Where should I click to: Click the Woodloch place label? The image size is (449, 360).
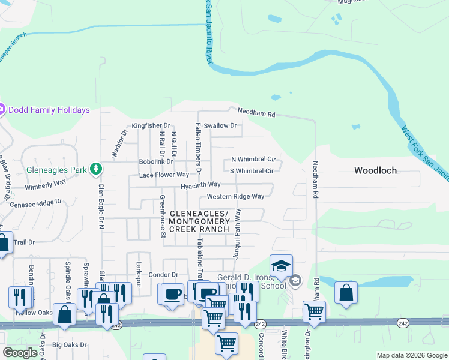(x=375, y=170)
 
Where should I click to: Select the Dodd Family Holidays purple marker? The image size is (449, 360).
(x=1, y=110)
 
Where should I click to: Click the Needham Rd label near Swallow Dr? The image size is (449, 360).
(x=256, y=112)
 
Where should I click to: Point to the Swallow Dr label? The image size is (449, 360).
(x=220, y=125)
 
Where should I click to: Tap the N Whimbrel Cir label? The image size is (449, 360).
(x=253, y=160)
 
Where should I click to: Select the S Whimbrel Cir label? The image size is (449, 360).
(x=252, y=171)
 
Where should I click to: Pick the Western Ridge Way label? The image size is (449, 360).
(x=235, y=197)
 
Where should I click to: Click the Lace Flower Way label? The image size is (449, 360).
(x=164, y=175)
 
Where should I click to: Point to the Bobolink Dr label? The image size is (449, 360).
(x=155, y=161)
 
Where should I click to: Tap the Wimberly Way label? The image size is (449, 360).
(x=46, y=187)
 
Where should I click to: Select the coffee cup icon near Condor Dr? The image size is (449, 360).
(x=172, y=294)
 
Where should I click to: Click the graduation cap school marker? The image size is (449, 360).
(x=281, y=265)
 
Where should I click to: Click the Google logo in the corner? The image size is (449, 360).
(x=20, y=353)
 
